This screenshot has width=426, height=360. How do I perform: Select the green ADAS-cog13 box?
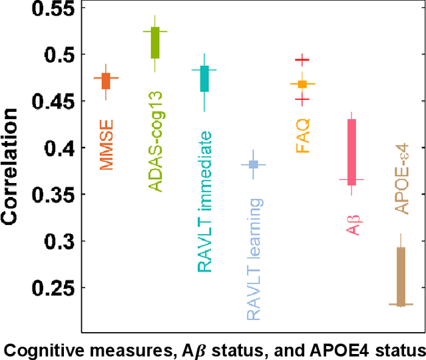[x=155, y=42]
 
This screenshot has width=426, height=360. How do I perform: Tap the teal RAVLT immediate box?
[x=204, y=79]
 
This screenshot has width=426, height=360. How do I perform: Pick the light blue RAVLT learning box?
[x=254, y=164]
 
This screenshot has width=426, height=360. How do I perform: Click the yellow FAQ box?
[x=303, y=84]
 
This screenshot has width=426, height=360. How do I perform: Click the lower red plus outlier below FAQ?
[x=303, y=100]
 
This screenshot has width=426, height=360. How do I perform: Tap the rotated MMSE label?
[x=106, y=144]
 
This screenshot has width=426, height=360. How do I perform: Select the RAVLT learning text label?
[x=254, y=259]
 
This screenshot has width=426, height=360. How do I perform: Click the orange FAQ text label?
[x=304, y=134]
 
